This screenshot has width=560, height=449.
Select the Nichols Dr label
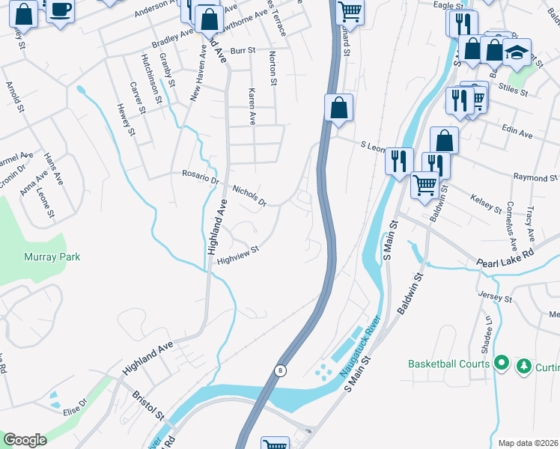pos(249,195)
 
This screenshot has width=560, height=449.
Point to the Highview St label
pos(237,255)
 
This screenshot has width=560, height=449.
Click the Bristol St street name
pos(147,404)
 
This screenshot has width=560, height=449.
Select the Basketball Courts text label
pos(449,364)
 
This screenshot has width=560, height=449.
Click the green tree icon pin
pos(524,365)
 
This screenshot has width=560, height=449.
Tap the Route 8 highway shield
pos(280,370)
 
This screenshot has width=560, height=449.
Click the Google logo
pos(25,440)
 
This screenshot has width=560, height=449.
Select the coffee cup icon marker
pos(61,11)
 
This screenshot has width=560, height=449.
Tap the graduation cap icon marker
pos(516,52)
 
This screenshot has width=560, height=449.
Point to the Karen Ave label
pos(252,106)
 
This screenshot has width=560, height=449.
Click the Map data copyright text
pos(529,443)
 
